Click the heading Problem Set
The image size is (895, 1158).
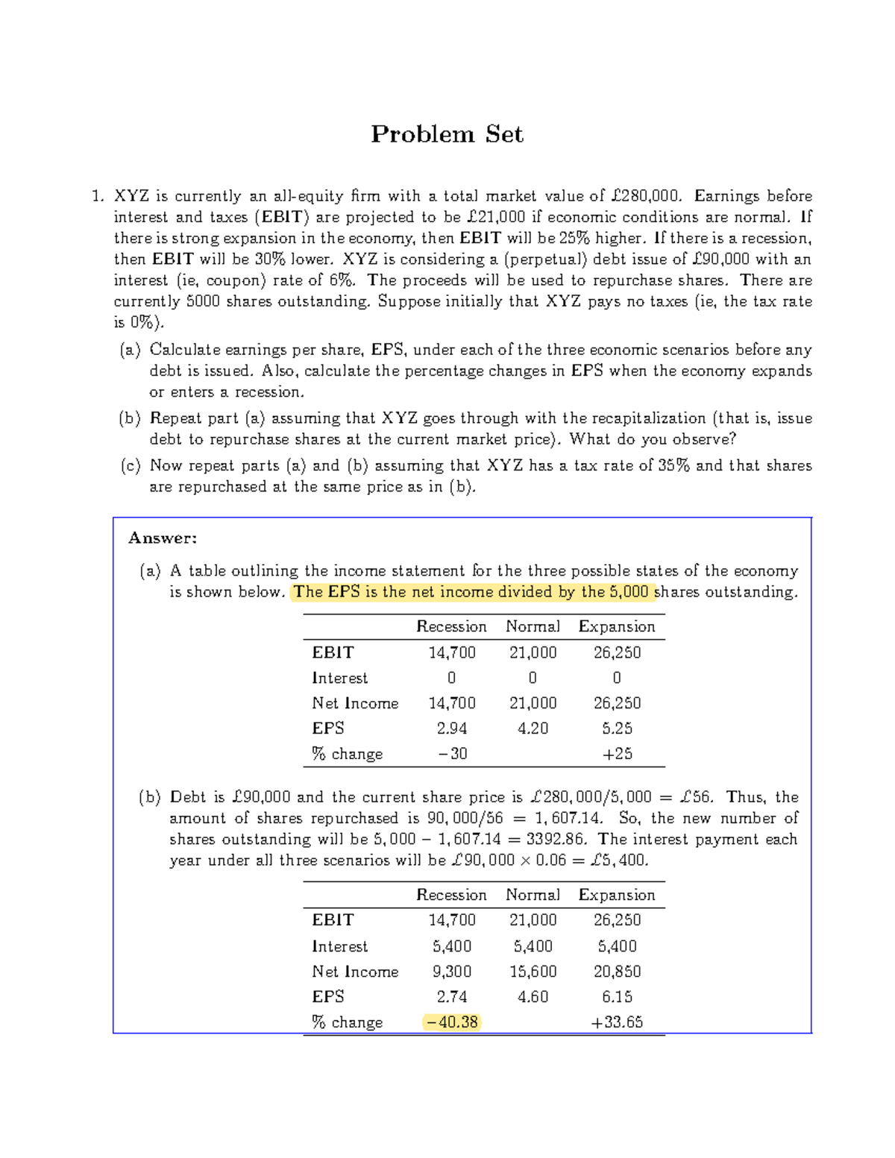pos(447,134)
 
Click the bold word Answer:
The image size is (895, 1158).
pos(163,538)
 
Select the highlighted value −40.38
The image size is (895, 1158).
pos(452,1022)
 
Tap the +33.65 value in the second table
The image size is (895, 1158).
pos(617,1022)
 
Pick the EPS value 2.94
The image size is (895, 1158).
pos(452,729)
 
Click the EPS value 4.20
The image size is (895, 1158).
pos(533,729)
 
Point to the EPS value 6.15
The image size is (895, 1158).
pos(617,997)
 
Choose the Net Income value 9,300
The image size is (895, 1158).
pos(452,972)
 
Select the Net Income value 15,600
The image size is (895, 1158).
pos(533,972)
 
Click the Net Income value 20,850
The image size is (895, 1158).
pos(617,972)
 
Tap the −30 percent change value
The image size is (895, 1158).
pos(452,754)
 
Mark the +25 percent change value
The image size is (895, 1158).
pos(617,754)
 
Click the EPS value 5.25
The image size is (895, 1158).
pos(617,729)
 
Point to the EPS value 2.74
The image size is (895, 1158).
pos(452,997)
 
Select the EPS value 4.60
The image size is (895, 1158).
pos(533,997)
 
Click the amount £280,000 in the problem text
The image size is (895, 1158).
pos(644,196)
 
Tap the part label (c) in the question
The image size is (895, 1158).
pos(131,466)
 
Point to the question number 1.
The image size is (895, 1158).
pos(96,196)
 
